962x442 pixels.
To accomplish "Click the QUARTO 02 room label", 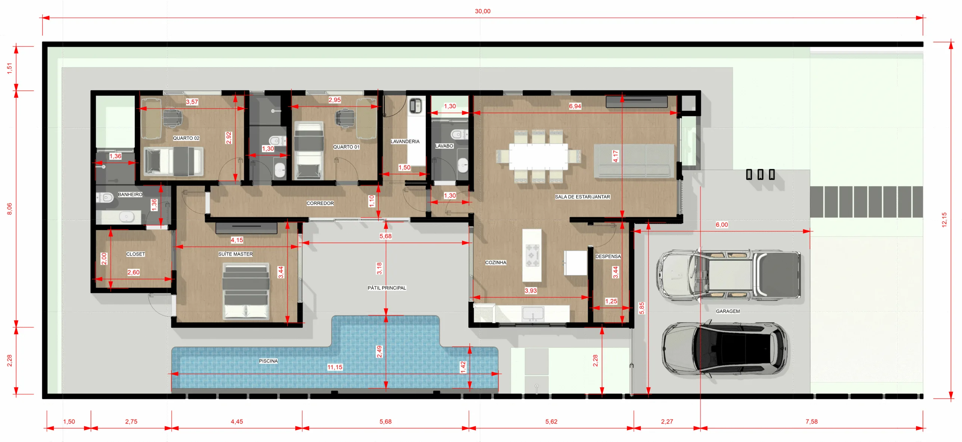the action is [186, 138].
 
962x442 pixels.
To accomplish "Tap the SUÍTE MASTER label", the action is [236, 254].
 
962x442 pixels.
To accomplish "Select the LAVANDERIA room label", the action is [405, 142].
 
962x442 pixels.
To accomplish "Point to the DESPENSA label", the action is [608, 257].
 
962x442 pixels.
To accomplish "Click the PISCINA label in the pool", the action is [268, 361].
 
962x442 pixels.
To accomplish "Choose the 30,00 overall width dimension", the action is [483, 11].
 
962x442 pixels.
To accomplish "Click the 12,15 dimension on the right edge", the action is [944, 220].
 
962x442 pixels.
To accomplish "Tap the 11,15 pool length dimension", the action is [335, 367].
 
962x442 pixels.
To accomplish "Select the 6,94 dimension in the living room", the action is [575, 106].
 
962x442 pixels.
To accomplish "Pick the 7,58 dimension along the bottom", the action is [812, 422].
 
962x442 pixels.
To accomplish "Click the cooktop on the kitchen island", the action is [532, 256].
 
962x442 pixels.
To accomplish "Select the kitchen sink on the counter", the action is [533, 314].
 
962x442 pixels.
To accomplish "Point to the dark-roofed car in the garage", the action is [725, 349].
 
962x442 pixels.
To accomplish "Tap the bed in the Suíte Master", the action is [246, 291].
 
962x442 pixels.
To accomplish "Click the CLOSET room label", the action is [136, 254].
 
